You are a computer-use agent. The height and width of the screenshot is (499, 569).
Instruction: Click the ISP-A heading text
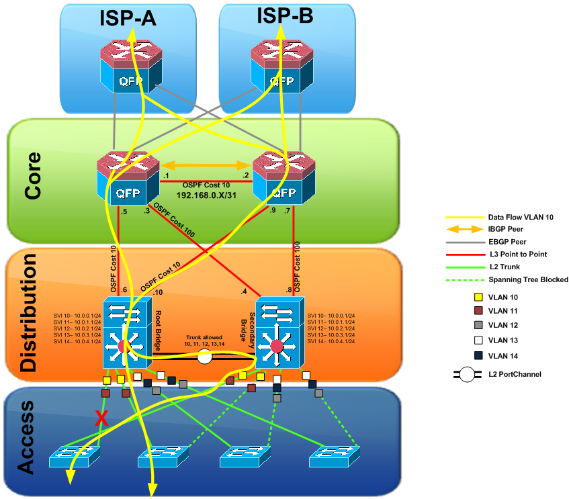pos(128,18)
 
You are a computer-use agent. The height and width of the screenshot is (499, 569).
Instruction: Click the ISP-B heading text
pos(285,16)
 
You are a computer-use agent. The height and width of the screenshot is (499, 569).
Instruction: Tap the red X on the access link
pos(101,418)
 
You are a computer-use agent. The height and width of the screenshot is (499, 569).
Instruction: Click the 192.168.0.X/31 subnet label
pos(205,194)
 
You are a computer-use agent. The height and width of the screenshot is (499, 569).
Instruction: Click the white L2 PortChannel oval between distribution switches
pos(205,357)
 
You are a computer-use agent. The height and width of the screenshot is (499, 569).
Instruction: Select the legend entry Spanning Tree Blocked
pos(528,279)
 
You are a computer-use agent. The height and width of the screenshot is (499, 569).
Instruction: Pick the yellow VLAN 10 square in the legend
pos(478,297)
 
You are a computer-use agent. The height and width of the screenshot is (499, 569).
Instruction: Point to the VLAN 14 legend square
pos(478,355)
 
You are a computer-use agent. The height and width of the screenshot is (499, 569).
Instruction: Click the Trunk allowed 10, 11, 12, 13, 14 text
pos(204,340)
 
